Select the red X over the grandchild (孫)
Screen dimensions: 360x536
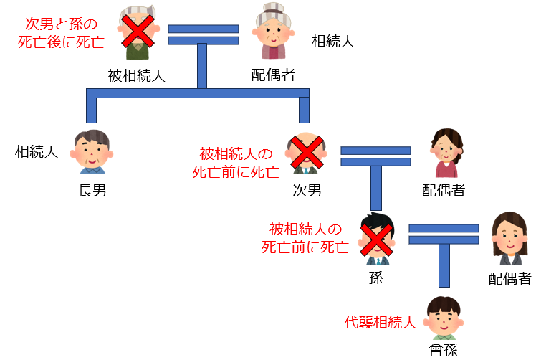pos(375,238)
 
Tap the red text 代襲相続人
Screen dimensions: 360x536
pos(380,322)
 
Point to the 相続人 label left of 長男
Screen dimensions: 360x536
pos(37,151)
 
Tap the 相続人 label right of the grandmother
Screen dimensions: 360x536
pos(332,42)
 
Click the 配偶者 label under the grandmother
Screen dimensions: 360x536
pos(273,75)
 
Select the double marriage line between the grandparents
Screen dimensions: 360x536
pos(203,34)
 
